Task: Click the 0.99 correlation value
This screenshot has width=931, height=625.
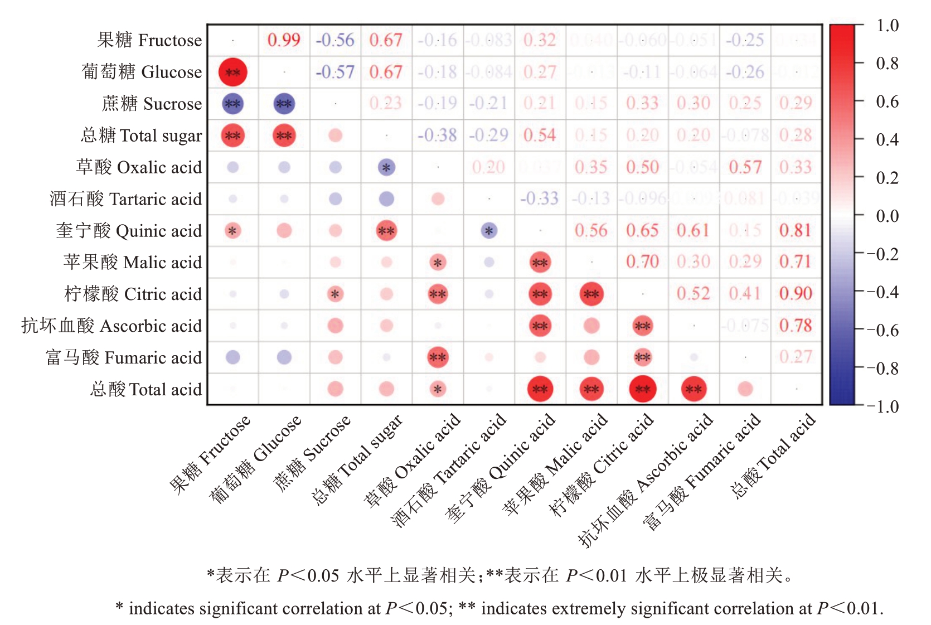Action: coord(284,40)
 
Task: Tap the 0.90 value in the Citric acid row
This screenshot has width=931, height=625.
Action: coord(796,294)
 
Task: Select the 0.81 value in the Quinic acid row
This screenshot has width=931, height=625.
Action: coord(796,230)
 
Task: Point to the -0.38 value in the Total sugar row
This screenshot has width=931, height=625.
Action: coord(437,135)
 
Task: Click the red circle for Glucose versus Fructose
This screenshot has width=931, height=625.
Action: coord(232,72)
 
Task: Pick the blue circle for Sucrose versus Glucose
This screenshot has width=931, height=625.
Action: coord(284,104)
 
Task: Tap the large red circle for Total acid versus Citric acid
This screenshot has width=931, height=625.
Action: coord(642,389)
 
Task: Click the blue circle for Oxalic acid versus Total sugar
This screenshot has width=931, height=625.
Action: coord(386,167)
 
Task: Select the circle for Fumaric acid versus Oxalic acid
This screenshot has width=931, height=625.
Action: coord(438,357)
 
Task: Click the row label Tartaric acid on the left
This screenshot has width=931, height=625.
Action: coord(126,199)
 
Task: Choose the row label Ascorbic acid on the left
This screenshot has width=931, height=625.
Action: coord(111,326)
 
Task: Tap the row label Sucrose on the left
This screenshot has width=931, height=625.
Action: coord(152,104)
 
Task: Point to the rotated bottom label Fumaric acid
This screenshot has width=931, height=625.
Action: coord(702,471)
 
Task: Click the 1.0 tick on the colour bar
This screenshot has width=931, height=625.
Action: coord(887,26)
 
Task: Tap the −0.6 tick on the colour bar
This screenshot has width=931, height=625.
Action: coord(882,331)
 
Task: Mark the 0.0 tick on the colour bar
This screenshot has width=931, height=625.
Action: coord(887,216)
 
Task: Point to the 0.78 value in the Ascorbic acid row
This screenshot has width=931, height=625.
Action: coord(796,326)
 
